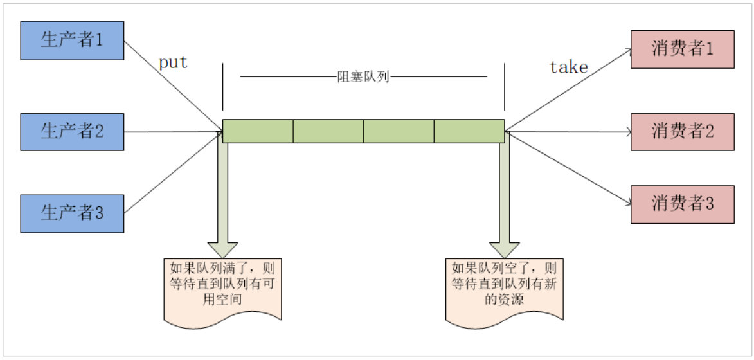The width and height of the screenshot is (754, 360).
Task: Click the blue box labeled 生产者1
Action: (x=72, y=40)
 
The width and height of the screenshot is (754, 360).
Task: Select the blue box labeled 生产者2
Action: (x=72, y=132)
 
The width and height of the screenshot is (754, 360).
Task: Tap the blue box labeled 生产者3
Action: (x=72, y=213)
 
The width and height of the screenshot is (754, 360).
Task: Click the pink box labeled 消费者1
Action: (x=682, y=49)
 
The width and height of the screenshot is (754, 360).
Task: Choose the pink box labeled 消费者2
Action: (x=682, y=132)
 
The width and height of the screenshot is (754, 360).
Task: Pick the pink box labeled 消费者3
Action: (x=682, y=204)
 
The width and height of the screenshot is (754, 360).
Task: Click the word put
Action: (x=173, y=63)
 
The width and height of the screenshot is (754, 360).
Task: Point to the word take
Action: (x=568, y=67)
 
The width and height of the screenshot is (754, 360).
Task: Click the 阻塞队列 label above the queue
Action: (x=363, y=77)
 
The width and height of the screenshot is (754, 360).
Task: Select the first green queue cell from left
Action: (x=258, y=131)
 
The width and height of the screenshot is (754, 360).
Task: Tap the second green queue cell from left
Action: (x=328, y=131)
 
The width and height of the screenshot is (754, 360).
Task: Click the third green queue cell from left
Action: (x=399, y=131)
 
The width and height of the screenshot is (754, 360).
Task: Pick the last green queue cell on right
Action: (x=469, y=131)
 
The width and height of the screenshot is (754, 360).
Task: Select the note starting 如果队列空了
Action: (x=504, y=288)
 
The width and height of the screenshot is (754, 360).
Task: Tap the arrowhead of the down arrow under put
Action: (x=222, y=249)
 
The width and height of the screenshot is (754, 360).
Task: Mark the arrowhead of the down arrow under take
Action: (x=504, y=249)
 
